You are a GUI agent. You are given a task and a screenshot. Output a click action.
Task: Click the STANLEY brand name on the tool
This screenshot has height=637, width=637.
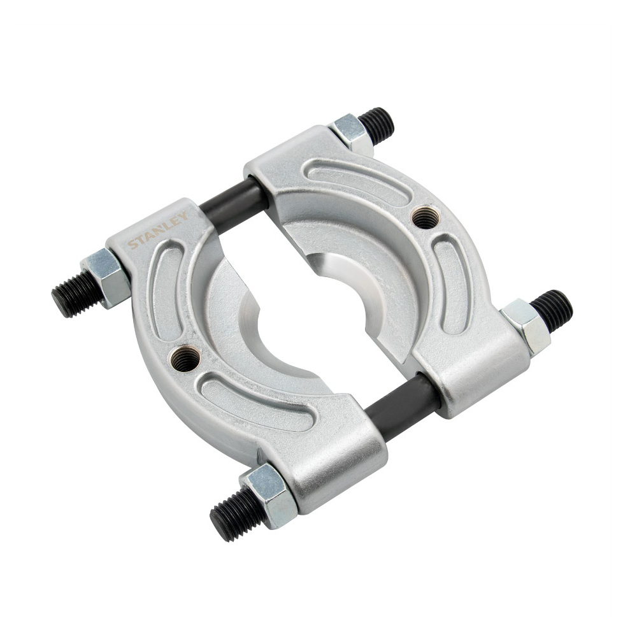click(157, 231)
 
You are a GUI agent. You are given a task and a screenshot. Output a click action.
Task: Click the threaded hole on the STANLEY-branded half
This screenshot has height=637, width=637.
click(185, 357)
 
